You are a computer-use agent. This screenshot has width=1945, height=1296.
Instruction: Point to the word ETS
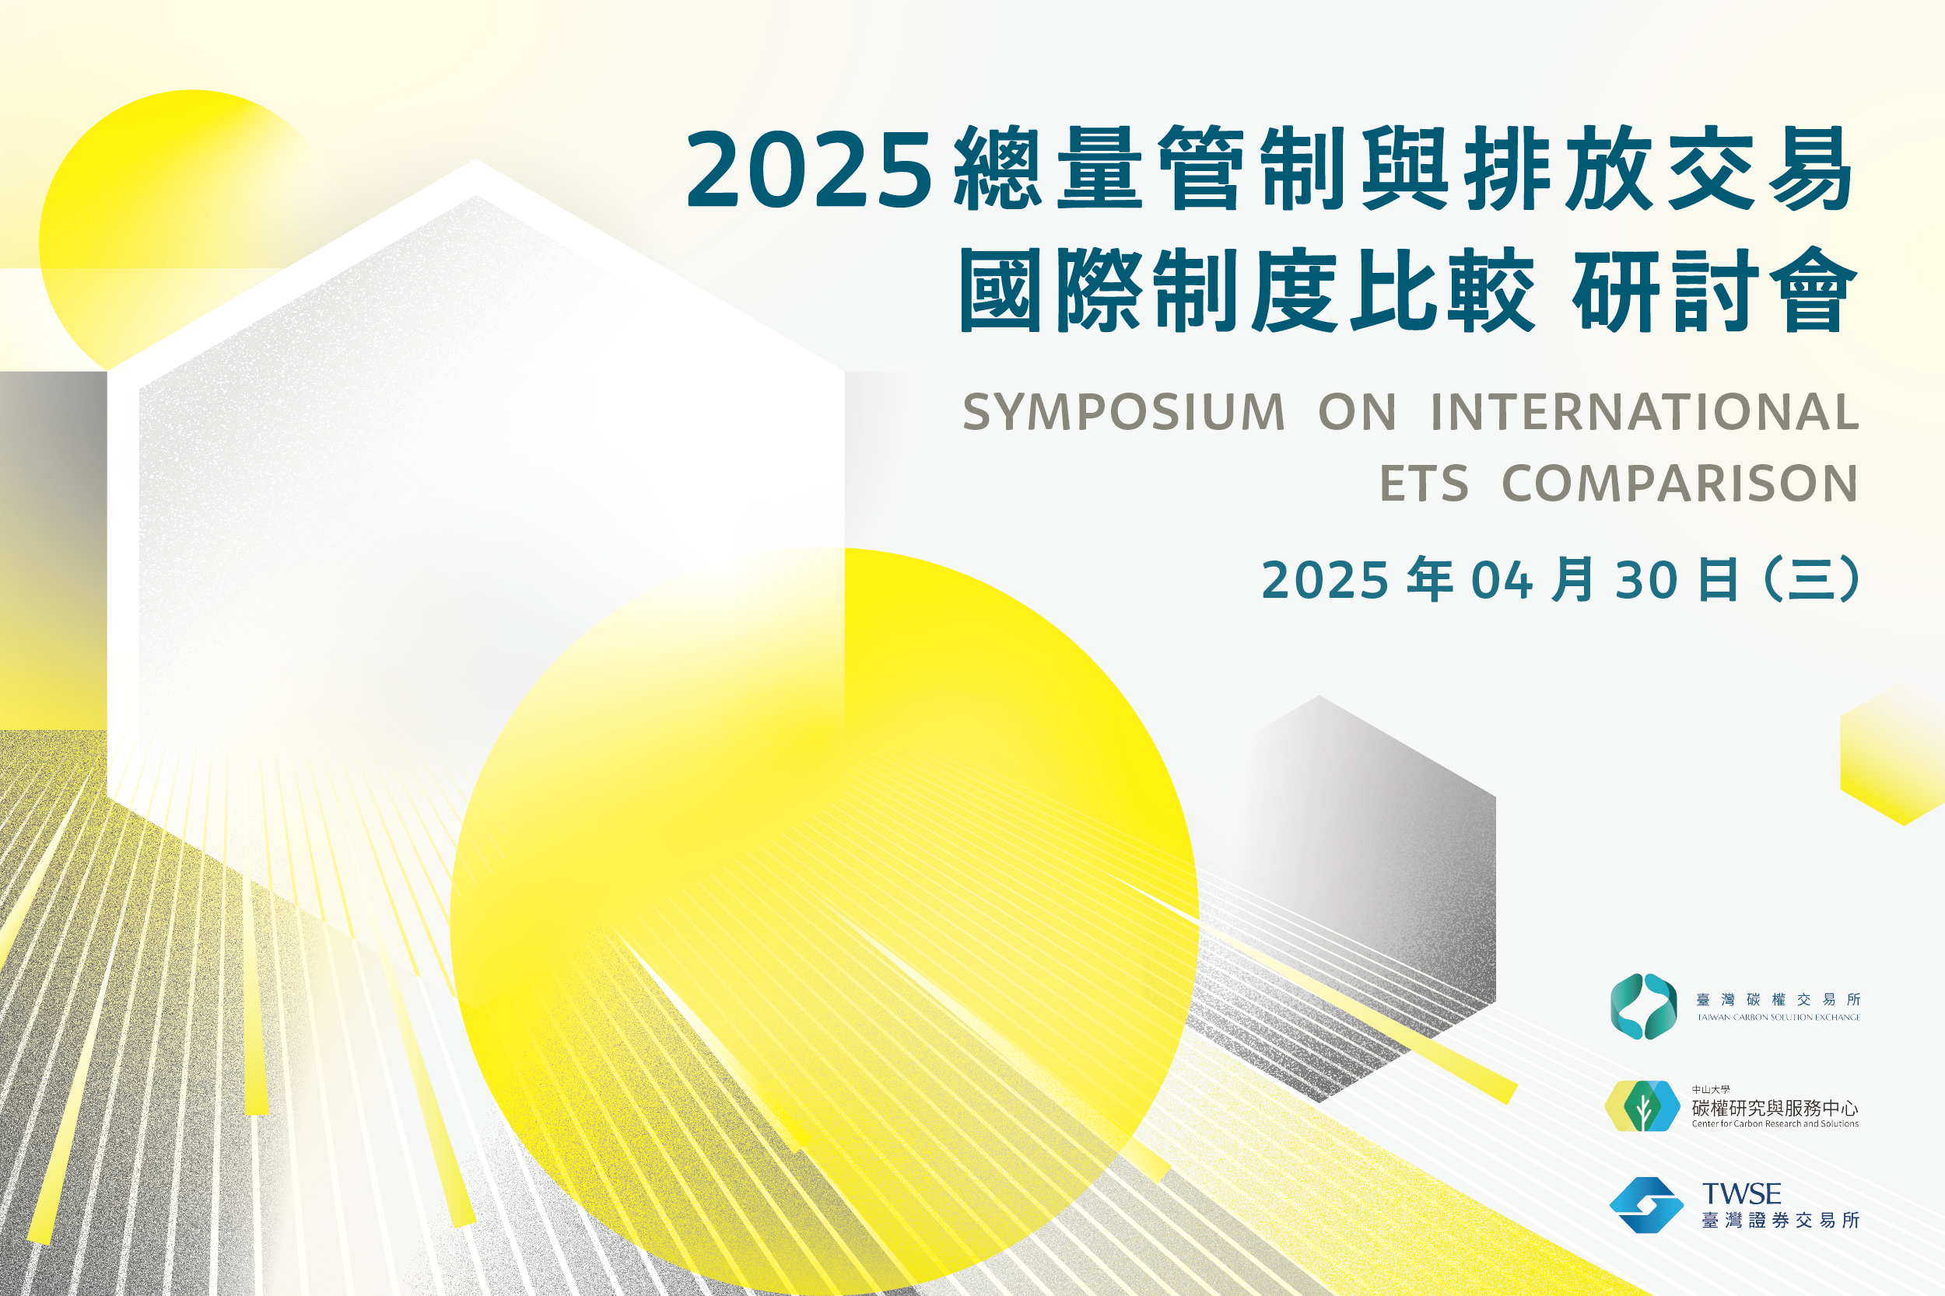click(x=1424, y=483)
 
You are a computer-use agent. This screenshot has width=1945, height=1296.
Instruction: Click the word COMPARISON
click(x=1680, y=483)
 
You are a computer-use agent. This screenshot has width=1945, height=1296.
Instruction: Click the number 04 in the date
click(x=1502, y=580)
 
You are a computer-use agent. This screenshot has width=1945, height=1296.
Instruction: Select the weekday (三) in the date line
click(x=1811, y=579)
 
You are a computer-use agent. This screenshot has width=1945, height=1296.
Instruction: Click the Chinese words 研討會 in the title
click(x=1716, y=290)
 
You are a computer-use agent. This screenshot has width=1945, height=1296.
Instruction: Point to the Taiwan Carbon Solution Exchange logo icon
click(x=1644, y=1006)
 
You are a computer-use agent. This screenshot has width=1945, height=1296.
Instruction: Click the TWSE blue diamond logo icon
click(x=1646, y=1205)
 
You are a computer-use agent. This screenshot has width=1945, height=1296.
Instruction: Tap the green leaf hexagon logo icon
click(x=1642, y=1106)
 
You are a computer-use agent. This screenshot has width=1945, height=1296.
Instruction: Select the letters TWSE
click(x=1742, y=1193)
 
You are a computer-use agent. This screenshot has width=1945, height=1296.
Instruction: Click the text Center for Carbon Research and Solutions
click(x=1775, y=1124)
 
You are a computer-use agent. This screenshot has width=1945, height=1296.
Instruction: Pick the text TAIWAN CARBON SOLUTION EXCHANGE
click(x=1779, y=1018)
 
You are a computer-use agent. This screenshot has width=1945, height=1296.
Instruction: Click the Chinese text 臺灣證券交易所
click(x=1780, y=1221)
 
